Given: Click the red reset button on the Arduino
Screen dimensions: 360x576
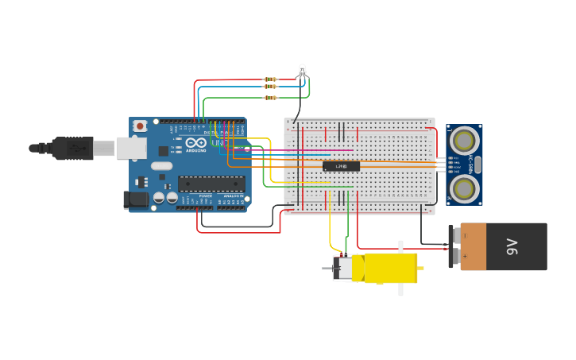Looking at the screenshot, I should pyautogui.click(x=140, y=126).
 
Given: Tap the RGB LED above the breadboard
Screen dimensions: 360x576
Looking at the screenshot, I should pyautogui.click(x=302, y=71).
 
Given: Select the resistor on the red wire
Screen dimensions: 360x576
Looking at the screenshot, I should pyautogui.click(x=270, y=79).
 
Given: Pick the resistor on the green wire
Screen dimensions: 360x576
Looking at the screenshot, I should pyautogui.click(x=270, y=98).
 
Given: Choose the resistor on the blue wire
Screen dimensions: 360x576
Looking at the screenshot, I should pyautogui.click(x=270, y=87).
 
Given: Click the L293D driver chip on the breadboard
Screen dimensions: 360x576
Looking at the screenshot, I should pyautogui.click(x=341, y=166).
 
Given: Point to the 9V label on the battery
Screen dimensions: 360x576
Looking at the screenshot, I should pyautogui.click(x=512, y=247).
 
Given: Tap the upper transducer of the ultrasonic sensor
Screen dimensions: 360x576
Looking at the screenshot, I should pyautogui.click(x=464, y=141).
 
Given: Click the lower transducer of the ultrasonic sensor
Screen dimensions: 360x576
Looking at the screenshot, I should pyautogui.click(x=464, y=188).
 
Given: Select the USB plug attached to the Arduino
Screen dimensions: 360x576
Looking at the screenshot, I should pyautogui.click(x=75, y=148).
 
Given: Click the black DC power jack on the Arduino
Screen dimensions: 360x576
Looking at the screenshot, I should pyautogui.click(x=136, y=200).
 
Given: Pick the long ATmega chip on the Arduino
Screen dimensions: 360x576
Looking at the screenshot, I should pyautogui.click(x=211, y=184).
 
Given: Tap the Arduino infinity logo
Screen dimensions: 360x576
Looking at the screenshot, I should pyautogui.click(x=196, y=143).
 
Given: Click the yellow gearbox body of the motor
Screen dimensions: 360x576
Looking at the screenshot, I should pyautogui.click(x=389, y=269).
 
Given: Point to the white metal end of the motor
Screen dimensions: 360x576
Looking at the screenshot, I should pyautogui.click(x=345, y=269).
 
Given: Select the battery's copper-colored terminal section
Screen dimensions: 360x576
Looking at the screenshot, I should pyautogui.click(x=473, y=247).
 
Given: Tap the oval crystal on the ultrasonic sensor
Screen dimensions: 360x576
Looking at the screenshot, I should pyautogui.click(x=477, y=165).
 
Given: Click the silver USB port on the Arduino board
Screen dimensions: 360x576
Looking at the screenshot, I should pyautogui.click(x=131, y=148).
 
